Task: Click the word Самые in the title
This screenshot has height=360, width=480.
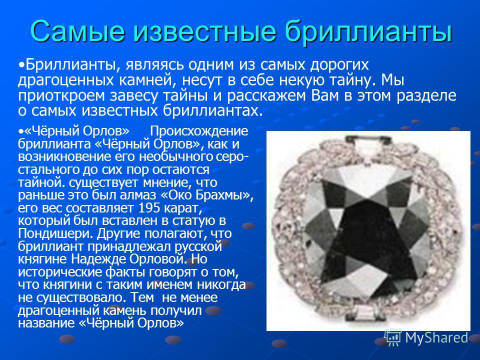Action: (x=78, y=30)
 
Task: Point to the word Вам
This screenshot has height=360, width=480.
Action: (x=325, y=96)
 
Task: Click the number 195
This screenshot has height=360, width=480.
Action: (x=149, y=208)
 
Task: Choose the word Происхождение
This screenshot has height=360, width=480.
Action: (x=198, y=132)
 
